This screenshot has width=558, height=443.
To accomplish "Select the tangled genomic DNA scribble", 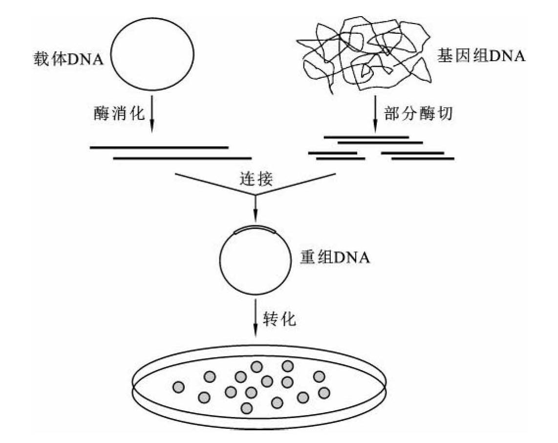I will tap(366, 54).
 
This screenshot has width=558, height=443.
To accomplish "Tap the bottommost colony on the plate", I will tap(247, 408).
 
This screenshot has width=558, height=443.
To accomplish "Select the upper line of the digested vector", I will tap(159, 146).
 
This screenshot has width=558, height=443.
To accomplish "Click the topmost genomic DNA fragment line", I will tap(366, 137).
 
